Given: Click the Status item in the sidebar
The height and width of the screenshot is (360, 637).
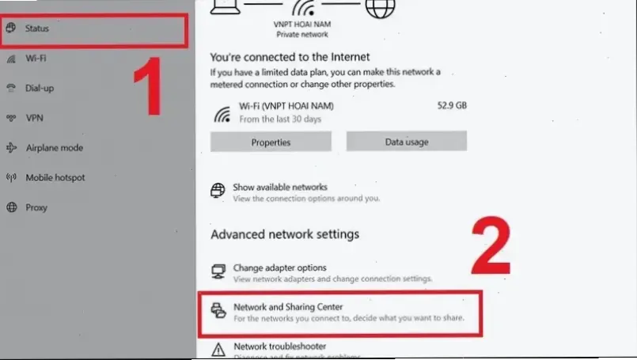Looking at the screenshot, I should [37, 28].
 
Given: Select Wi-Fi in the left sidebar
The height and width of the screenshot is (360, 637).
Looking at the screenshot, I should [36, 59].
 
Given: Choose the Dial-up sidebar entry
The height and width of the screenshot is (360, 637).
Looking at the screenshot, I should [40, 88].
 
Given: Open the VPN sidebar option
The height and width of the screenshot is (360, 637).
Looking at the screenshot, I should [34, 118].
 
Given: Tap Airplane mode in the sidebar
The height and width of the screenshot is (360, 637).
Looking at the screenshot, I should [54, 148].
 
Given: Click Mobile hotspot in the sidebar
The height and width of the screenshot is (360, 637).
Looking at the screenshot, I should [55, 178].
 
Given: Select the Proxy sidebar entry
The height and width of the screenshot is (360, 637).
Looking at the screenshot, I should [36, 208].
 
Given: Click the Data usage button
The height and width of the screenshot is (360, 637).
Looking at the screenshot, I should [406, 142].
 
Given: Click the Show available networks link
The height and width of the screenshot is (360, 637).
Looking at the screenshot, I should [279, 188].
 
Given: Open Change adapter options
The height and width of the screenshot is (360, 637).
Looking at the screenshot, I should [279, 268].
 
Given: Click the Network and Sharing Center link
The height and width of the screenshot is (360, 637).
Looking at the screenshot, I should [288, 306].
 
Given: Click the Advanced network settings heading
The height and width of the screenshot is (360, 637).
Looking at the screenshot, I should [285, 234].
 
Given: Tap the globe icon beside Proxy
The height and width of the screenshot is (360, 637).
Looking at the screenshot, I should [12, 208].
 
